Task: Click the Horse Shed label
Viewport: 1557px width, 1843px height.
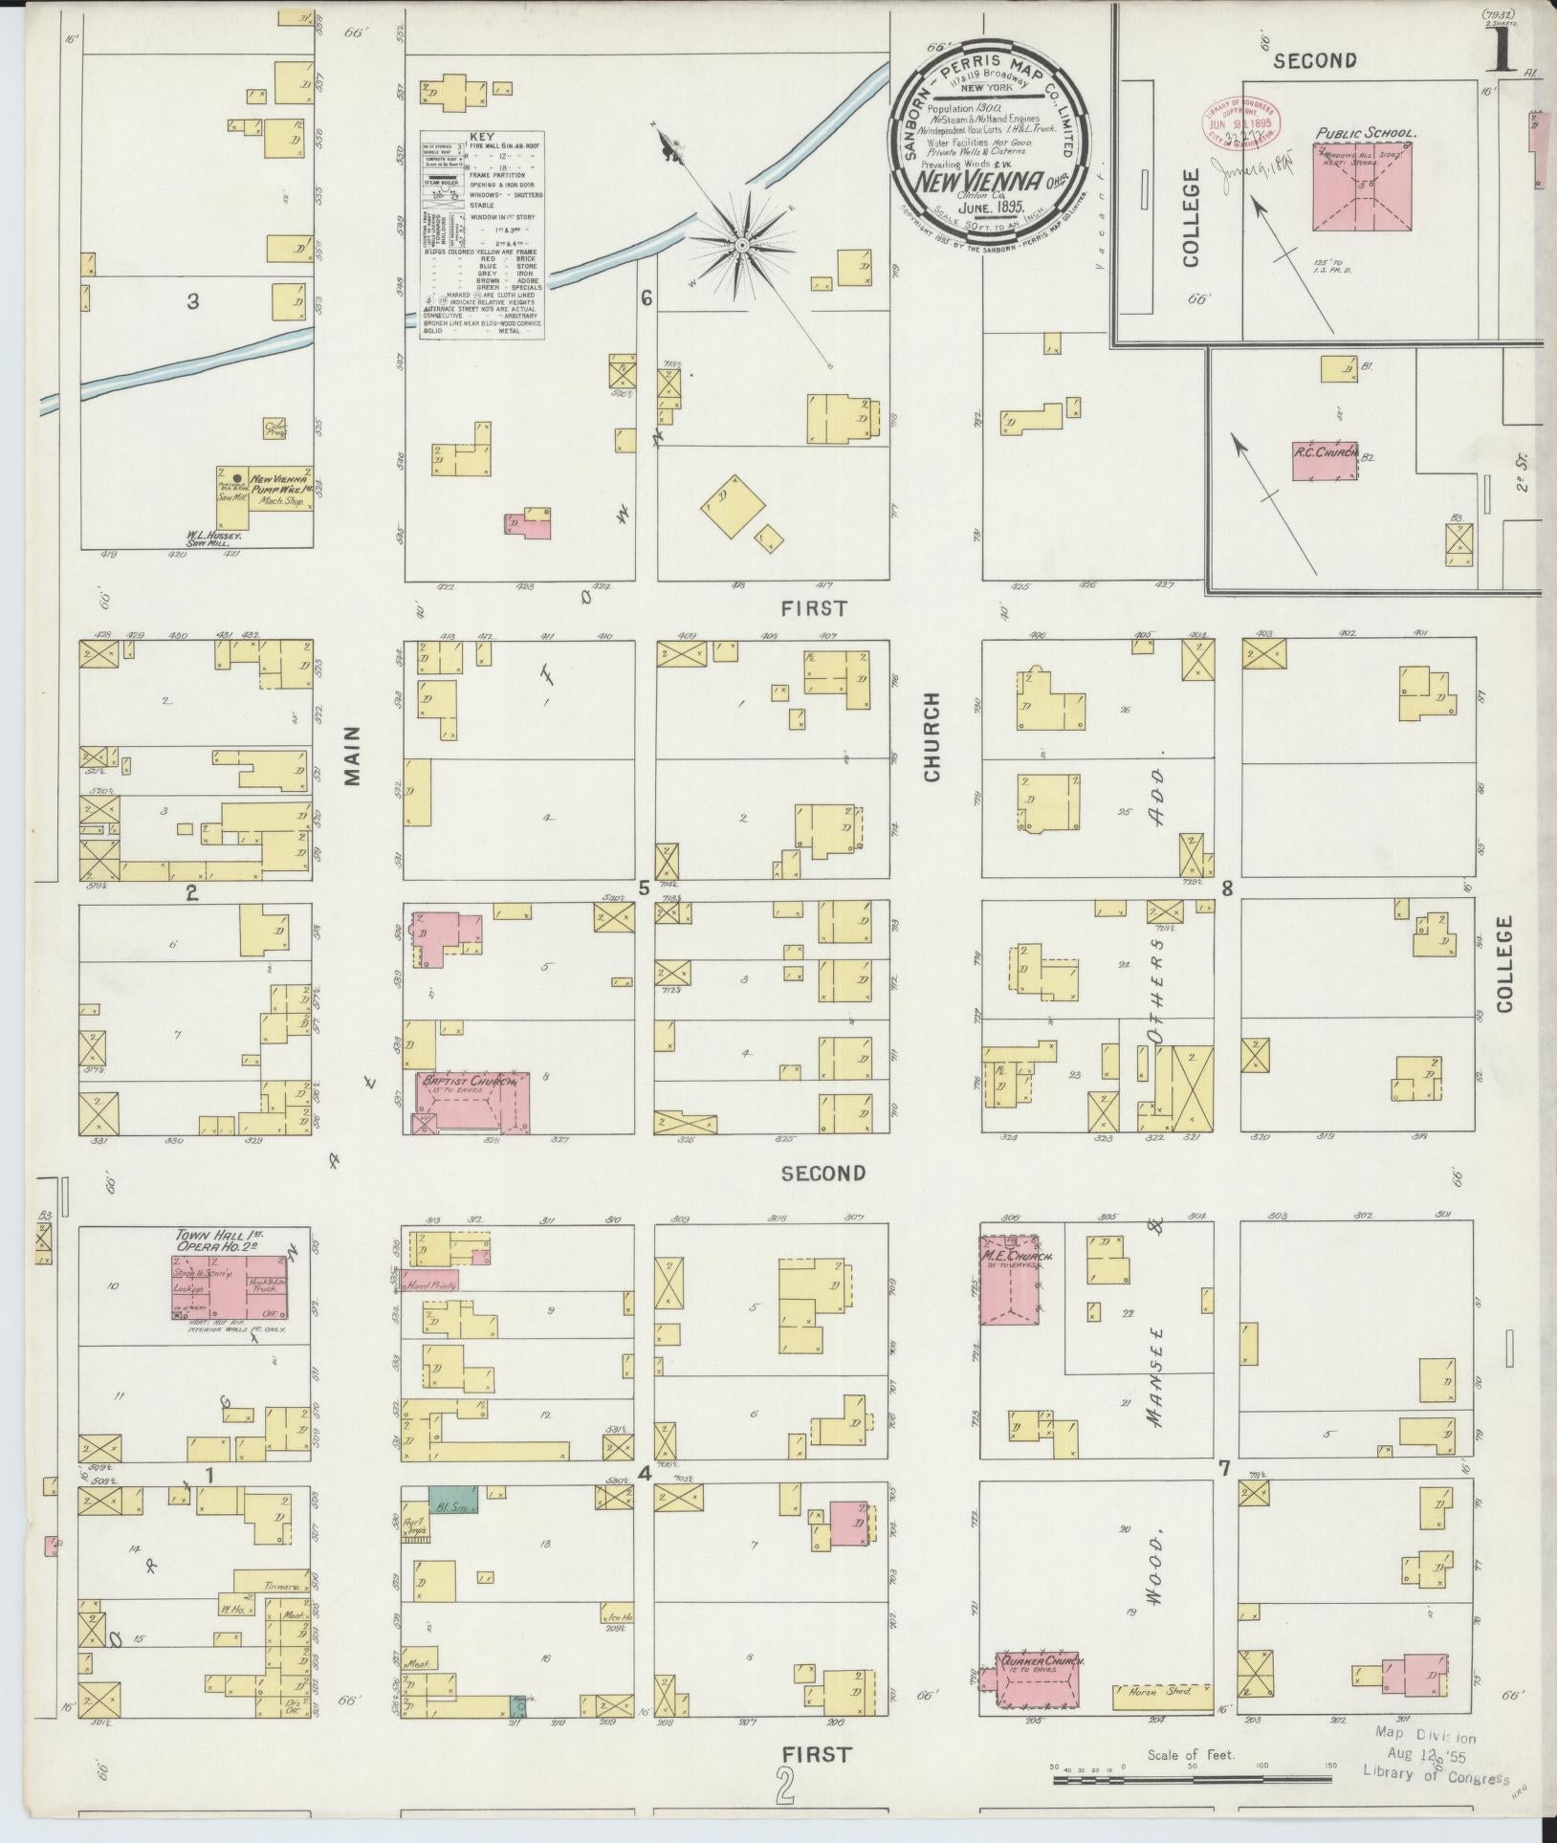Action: (1165, 1691)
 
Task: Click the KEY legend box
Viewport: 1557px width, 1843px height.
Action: (483, 234)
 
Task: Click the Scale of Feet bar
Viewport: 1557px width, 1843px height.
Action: (1191, 1781)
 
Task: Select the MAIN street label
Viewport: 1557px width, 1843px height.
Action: (353, 756)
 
